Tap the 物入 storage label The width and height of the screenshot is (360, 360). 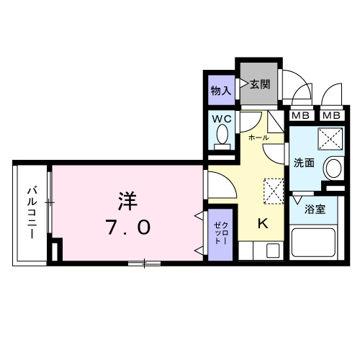(220, 91)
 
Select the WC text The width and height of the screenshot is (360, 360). (220, 117)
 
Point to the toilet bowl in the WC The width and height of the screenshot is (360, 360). (222, 135)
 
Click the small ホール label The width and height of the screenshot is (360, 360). (258, 137)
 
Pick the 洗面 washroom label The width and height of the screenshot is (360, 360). (304, 163)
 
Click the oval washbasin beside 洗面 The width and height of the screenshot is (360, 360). (333, 168)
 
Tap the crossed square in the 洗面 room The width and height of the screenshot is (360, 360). (331, 135)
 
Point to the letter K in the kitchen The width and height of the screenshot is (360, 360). (263, 224)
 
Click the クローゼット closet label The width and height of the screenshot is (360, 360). (219, 233)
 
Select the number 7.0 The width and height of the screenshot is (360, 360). (129, 228)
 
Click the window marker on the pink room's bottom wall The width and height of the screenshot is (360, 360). (144, 263)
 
